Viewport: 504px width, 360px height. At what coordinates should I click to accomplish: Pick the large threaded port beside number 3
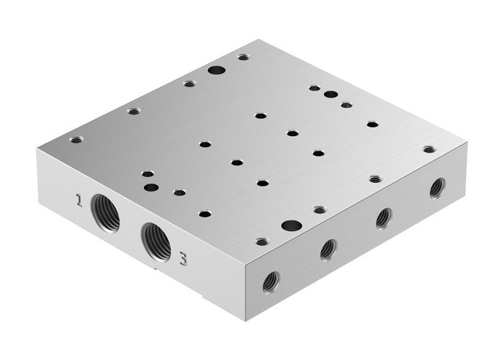click(x=155, y=239)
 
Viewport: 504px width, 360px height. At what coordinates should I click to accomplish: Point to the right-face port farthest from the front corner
click(x=437, y=188)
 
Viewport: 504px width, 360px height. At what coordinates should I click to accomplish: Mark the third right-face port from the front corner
click(x=384, y=217)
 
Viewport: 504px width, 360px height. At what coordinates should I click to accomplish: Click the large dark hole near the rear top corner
click(x=215, y=70)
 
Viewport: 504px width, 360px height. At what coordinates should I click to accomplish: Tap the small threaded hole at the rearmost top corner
click(x=244, y=56)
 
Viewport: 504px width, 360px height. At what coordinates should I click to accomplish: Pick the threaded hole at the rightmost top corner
click(x=429, y=150)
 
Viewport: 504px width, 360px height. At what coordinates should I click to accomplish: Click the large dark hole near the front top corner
click(x=291, y=225)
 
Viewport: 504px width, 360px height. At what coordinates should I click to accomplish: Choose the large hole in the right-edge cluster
click(x=330, y=94)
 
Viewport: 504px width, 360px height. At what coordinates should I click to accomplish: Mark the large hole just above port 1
click(x=151, y=187)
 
